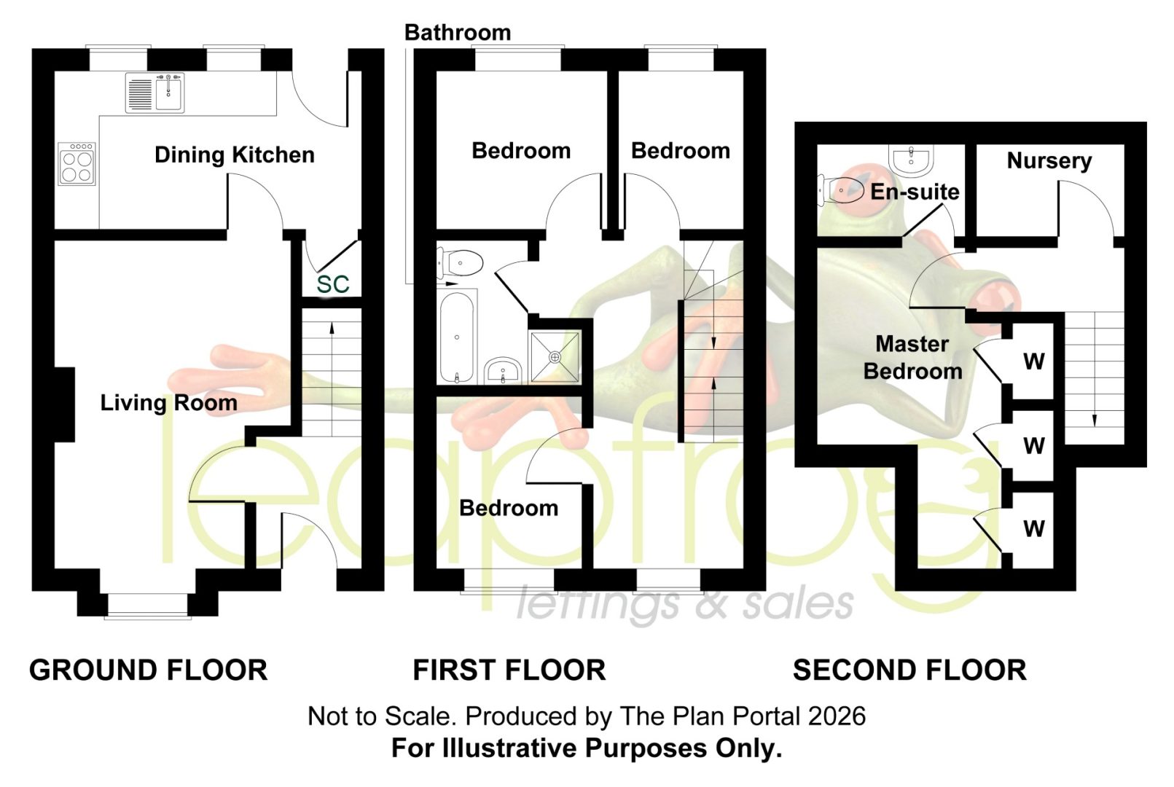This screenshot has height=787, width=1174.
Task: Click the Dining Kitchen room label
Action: [x=234, y=155]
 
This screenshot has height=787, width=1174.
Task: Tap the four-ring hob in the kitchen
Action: [x=77, y=163]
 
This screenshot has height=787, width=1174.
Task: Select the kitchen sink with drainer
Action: [x=155, y=93]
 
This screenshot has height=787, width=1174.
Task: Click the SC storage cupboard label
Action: [x=333, y=284]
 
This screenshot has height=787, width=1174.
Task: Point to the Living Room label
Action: [x=169, y=403]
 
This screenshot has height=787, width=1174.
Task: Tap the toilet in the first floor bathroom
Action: [x=460, y=262]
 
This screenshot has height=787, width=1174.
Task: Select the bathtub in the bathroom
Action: [x=457, y=337]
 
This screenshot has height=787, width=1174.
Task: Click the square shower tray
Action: [x=555, y=357]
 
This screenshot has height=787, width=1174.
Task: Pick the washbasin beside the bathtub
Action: [x=502, y=370]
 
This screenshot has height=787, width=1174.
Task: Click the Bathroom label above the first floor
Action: [x=458, y=33]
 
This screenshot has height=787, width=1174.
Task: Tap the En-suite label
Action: [x=915, y=192]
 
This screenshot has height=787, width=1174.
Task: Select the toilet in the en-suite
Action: [x=841, y=189]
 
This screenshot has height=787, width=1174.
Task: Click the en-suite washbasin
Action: [x=912, y=160]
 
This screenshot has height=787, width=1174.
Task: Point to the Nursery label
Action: [x=1049, y=161]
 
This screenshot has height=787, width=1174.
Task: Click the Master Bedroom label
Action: [x=912, y=358]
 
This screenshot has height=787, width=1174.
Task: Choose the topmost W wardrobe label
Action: [x=1034, y=361]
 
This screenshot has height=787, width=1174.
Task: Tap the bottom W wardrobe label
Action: [x=1034, y=529]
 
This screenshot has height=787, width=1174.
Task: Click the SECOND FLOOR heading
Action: [x=910, y=670]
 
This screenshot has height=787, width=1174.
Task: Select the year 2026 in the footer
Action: [x=837, y=716]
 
